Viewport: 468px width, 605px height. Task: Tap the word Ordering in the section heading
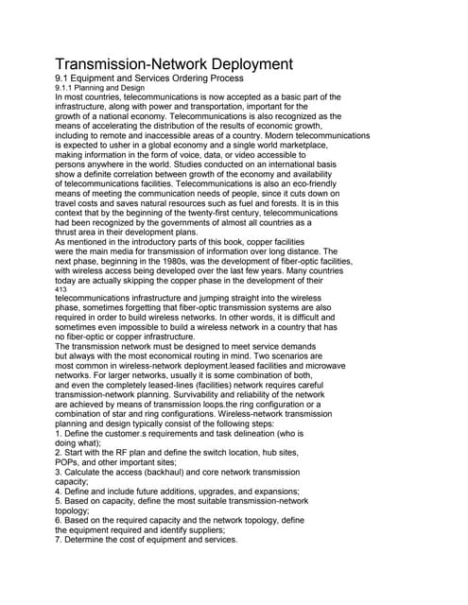[x=219, y=79]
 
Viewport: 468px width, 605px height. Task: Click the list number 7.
[x=59, y=540]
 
